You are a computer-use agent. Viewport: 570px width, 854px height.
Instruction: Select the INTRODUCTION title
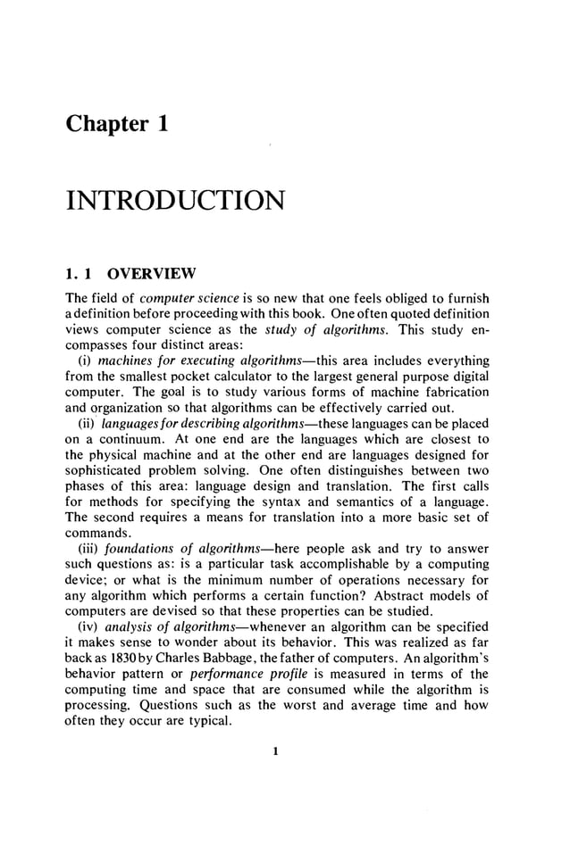coord(175,198)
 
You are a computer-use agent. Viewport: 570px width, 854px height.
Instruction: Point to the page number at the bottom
coord(276,751)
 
